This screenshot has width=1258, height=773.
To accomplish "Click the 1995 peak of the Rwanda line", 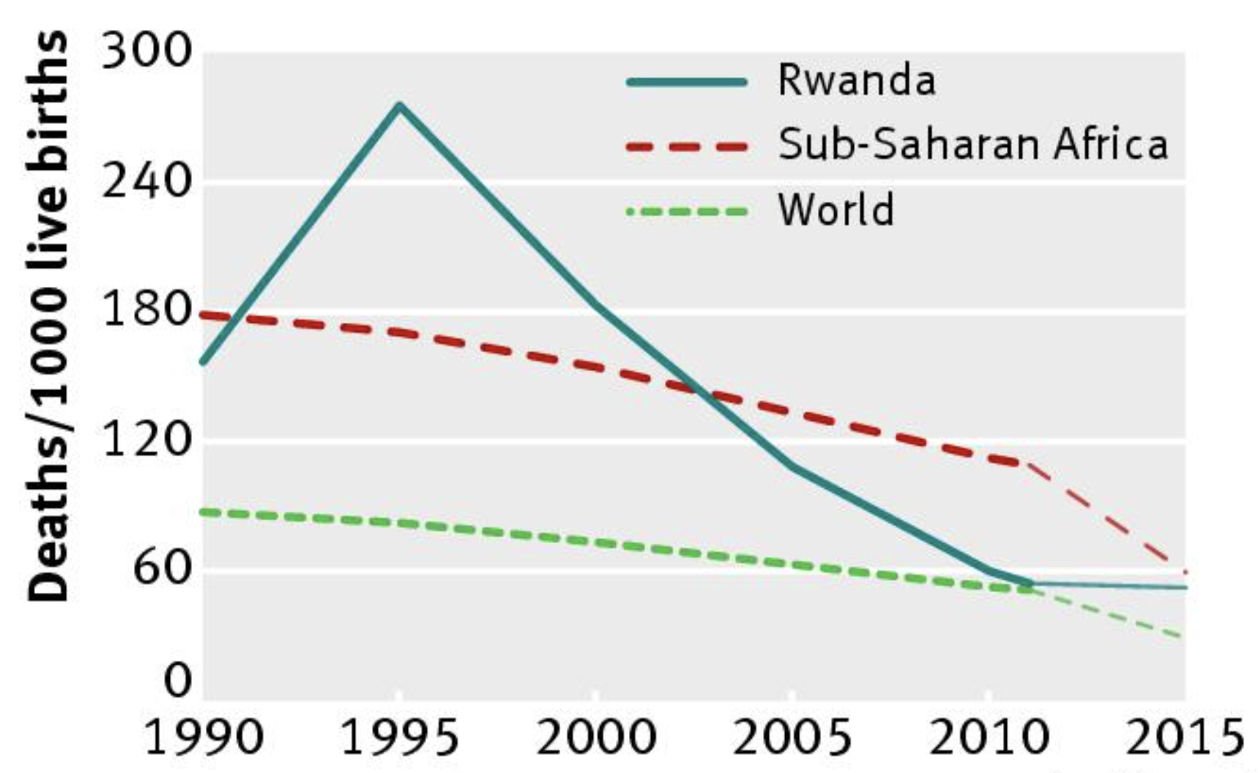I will point(399,106).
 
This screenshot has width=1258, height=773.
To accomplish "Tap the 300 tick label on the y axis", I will point(146,53).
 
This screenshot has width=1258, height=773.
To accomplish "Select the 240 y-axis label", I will point(146,181).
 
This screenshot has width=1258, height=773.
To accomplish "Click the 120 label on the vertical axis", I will point(146,439).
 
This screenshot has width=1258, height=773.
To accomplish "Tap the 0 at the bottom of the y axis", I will point(177,681).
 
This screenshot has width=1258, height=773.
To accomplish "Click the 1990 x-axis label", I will point(204,738).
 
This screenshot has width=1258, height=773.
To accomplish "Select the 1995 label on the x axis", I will point(400,738).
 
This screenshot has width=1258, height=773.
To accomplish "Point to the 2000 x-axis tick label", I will point(596,738).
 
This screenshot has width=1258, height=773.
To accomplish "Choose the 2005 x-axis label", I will point(792,738).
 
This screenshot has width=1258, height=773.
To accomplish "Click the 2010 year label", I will point(989,738).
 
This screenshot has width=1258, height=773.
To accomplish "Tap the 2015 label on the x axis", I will point(1183,738).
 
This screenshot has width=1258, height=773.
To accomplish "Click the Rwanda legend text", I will point(856,80).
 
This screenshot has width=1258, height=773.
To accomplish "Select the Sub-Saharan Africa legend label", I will point(972,144).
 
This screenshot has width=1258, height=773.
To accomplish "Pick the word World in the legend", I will point(835,209).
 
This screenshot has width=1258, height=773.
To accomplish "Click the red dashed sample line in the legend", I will point(687,146).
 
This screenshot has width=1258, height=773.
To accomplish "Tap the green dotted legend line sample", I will point(687,212).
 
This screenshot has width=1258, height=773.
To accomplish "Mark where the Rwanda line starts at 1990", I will point(204,362).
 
